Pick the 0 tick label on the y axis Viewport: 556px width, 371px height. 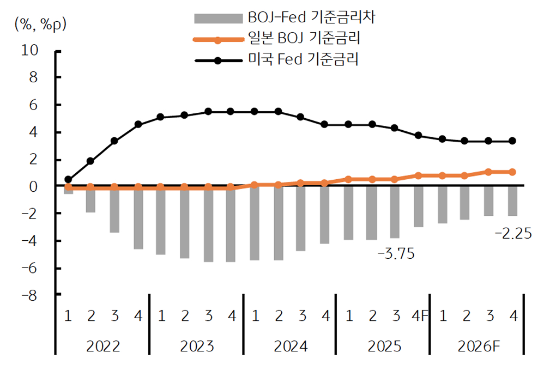[x=33, y=187]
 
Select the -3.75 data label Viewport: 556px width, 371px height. [x=396, y=254]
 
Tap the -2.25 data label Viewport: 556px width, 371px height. [x=512, y=234]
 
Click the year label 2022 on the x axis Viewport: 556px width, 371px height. [x=103, y=346]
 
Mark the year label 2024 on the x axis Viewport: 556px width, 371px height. [x=289, y=346]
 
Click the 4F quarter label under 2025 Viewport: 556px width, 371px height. [x=419, y=315]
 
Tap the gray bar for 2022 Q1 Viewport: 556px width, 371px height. [x=68, y=190]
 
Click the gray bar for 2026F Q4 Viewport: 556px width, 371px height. [x=512, y=201]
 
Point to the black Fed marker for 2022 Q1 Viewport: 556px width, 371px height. [x=68, y=179]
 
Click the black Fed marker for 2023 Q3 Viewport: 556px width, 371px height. [x=208, y=111]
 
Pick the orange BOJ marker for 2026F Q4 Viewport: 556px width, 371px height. [x=512, y=172]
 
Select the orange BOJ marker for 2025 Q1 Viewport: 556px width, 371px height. [x=349, y=179]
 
